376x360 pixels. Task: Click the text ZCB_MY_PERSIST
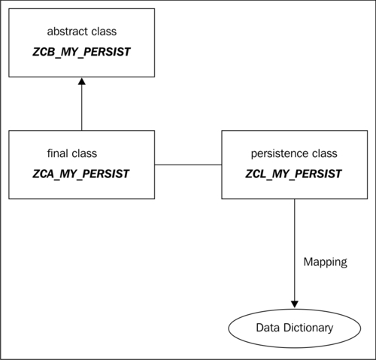pos(81,52)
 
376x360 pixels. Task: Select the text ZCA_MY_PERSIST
pos(80,174)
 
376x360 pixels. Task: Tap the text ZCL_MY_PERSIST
pos(293,174)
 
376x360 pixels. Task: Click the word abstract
pos(64,32)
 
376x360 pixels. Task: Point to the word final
pos(54,153)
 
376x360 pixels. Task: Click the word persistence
pos(280,153)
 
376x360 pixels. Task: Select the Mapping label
pos(326,262)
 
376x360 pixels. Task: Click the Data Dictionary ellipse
pos(295,328)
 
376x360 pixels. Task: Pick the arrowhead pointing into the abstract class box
pos(82,81)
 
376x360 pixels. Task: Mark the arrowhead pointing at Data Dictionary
pos(295,304)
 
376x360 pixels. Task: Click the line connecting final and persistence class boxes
pos(188,165)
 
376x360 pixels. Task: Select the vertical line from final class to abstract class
pos(82,107)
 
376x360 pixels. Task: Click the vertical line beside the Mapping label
pos(295,250)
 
